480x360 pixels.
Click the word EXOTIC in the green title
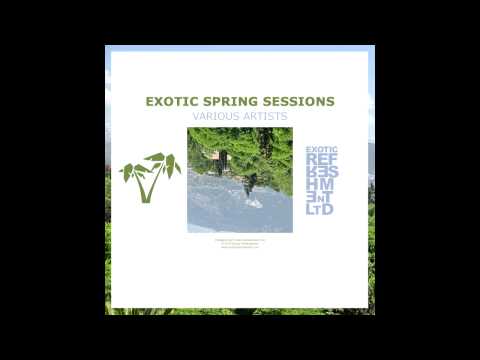(x=172, y=102)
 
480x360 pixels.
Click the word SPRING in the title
(x=233, y=102)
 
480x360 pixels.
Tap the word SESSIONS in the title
(x=299, y=102)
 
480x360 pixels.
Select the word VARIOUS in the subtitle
(x=217, y=117)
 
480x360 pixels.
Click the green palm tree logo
(x=149, y=177)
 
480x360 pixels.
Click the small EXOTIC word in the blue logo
(x=321, y=150)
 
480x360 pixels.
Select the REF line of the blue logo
(x=321, y=160)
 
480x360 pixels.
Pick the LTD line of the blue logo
(x=321, y=208)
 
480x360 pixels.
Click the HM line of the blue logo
(x=321, y=184)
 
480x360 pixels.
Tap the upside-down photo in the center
(x=240, y=180)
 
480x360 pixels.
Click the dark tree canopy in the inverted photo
(x=265, y=150)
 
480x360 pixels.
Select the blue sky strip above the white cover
(x=240, y=48)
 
